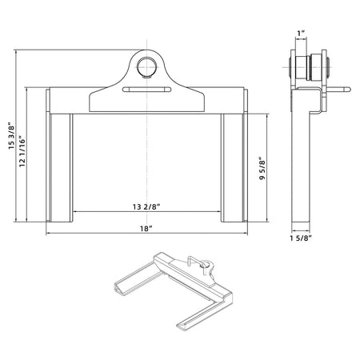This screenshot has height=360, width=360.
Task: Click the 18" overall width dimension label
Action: [x=146, y=228]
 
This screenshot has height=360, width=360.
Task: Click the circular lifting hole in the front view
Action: [x=146, y=66]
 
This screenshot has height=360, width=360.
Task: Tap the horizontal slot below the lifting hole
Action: [x=146, y=90]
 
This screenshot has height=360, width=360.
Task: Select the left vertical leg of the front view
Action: [x=61, y=168]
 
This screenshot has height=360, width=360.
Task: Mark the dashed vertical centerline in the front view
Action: [x=146, y=160]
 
